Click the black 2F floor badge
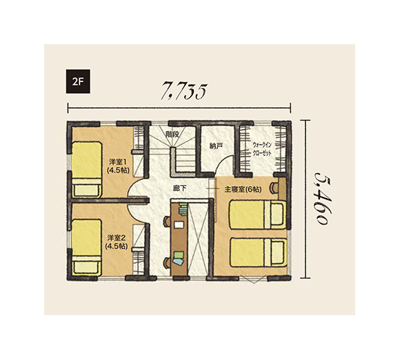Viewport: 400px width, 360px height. (x=78, y=81)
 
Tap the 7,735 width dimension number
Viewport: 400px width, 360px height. (x=183, y=91)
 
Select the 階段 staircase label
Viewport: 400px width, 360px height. (x=172, y=134)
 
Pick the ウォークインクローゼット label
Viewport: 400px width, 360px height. (x=262, y=149)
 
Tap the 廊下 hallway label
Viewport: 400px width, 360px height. (x=179, y=188)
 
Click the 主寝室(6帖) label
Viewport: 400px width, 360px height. (x=243, y=190)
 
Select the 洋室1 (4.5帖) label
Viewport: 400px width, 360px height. (x=118, y=166)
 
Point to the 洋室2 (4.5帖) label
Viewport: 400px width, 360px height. (x=117, y=242)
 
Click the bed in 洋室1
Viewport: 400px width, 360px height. (x=87, y=170)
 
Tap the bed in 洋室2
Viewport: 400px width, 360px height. (x=87, y=248)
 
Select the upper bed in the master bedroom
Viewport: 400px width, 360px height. (x=258, y=214)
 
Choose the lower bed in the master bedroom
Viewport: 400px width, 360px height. (x=259, y=252)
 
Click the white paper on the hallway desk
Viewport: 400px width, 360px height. (x=179, y=225)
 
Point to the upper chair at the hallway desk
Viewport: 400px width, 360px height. (x=167, y=221)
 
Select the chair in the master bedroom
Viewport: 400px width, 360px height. (x=274, y=188)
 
